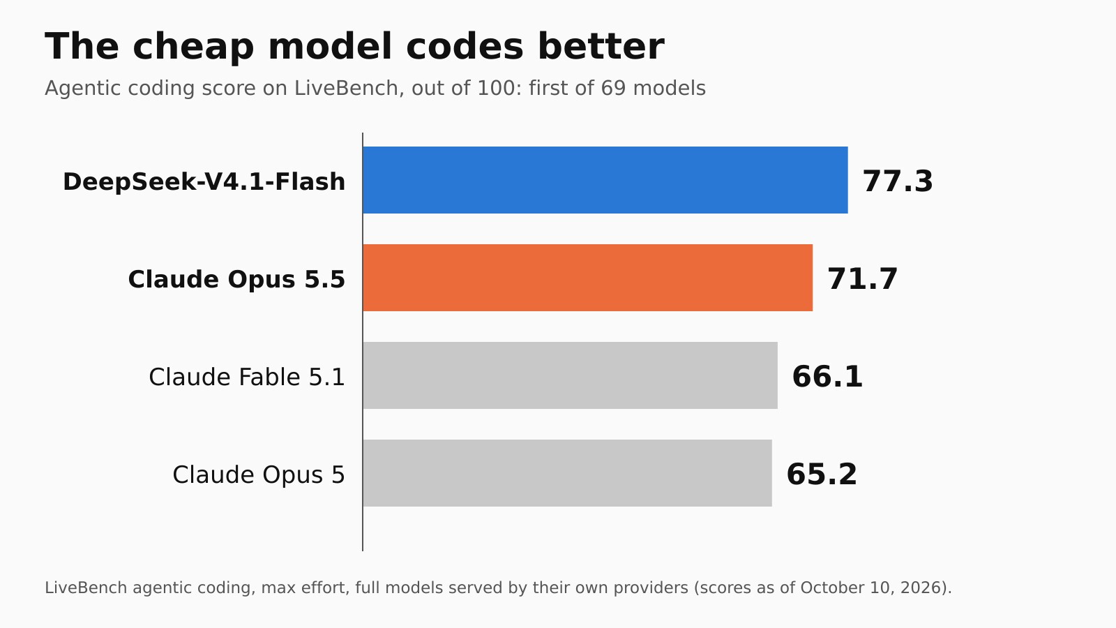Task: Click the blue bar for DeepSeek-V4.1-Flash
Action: coord(605,180)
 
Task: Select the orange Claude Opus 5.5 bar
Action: coord(588,278)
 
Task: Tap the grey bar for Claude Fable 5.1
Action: coord(571,375)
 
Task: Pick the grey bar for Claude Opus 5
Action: coord(568,473)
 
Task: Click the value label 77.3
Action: coord(898,181)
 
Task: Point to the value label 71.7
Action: coord(862,278)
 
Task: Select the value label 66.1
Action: coord(827,376)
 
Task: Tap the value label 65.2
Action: coord(822,474)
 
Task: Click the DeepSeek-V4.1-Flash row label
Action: coord(204,181)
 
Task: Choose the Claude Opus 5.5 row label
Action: coord(236,279)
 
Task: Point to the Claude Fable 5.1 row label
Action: coord(247,377)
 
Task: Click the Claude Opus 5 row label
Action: coord(259,475)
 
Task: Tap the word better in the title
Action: coord(601,46)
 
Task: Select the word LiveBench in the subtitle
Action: coord(346,88)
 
